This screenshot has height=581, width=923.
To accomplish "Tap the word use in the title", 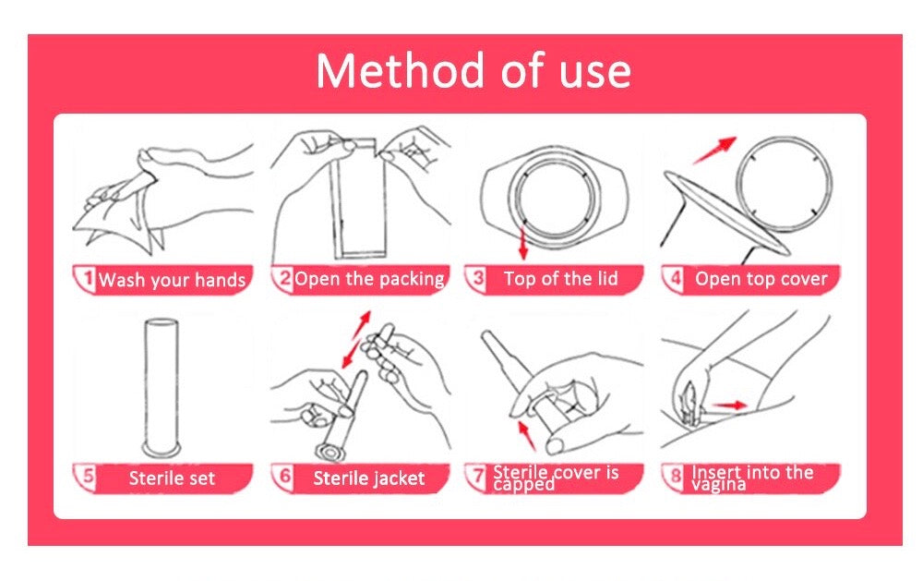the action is (x=594, y=73).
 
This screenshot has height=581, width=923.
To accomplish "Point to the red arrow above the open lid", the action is (x=714, y=150).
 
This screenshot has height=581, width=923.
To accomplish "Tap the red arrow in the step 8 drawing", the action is (x=729, y=405).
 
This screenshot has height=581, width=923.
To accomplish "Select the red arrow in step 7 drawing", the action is (x=527, y=435).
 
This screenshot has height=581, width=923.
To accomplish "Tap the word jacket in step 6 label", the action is (x=397, y=478).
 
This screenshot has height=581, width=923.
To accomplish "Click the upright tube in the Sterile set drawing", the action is (x=161, y=387).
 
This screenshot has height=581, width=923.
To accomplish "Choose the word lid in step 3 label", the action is (x=605, y=278).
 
